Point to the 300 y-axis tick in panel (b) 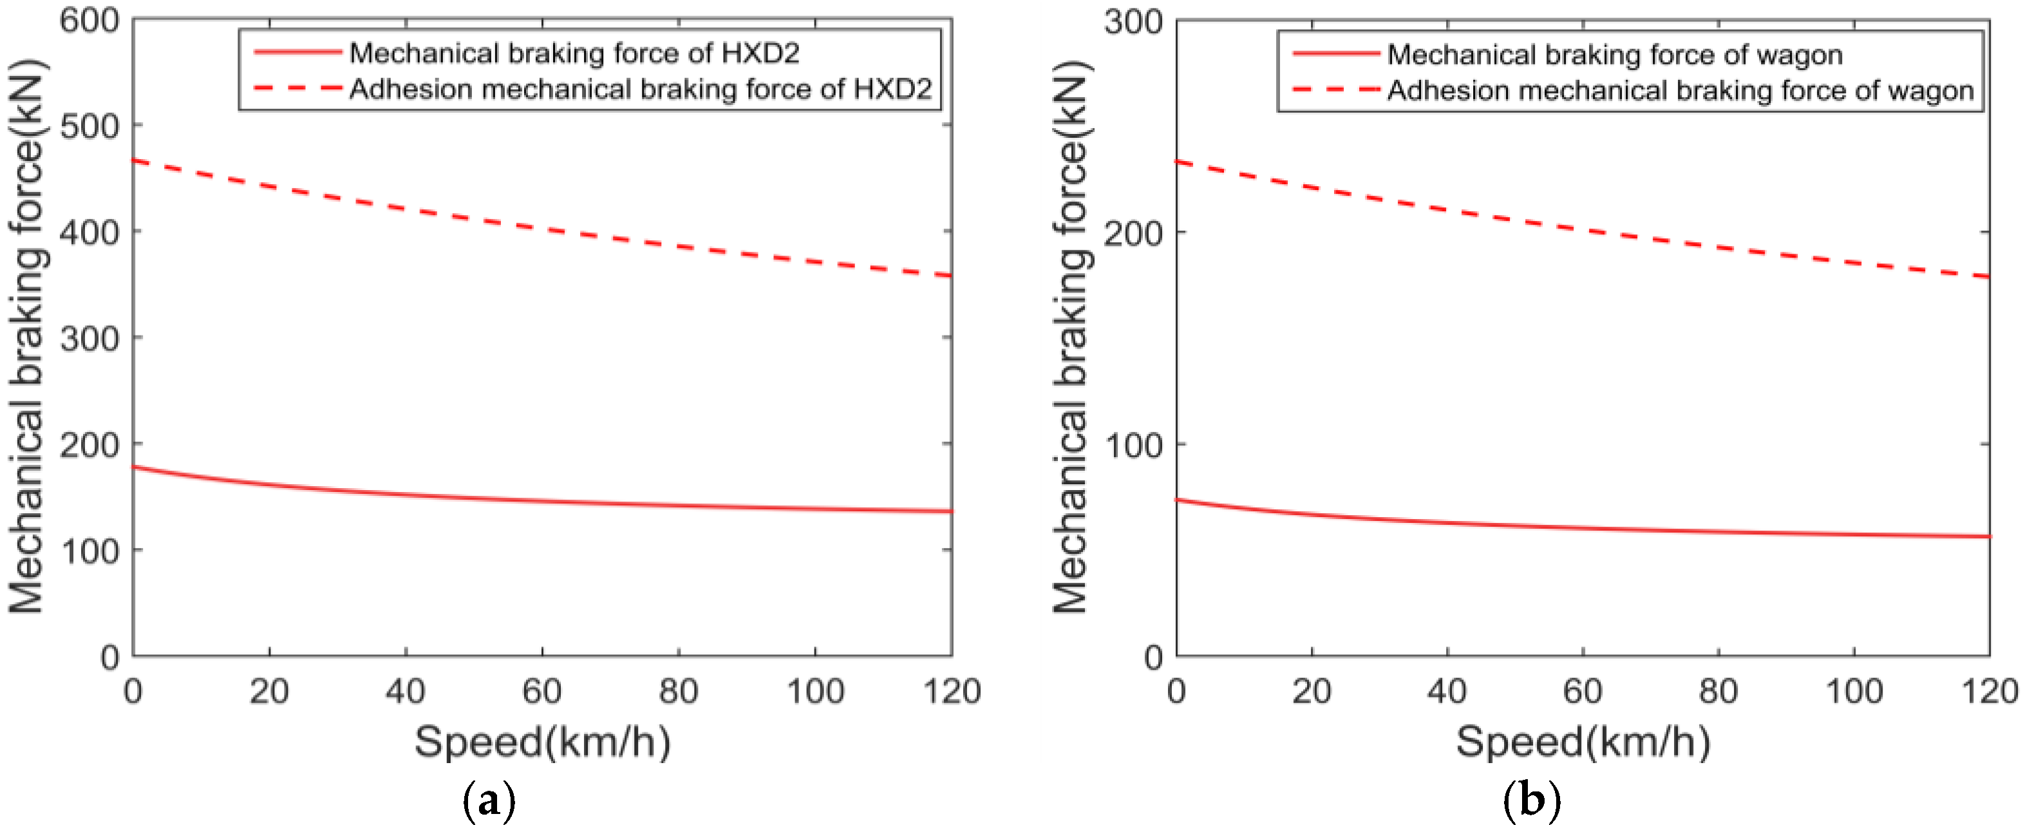pos(1133,22)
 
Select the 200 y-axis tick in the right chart pos(1133,233)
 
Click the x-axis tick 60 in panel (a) pos(542,692)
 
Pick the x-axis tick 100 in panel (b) pos(1854,692)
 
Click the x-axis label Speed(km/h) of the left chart pos(542,742)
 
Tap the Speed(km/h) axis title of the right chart pos(1583,742)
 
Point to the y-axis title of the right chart pos(1070,336)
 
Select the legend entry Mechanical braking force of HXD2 pos(573,53)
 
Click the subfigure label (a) pos(489,801)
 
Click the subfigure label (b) pos(1530,801)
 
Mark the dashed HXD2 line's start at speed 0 pos(133,161)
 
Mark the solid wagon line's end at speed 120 pos(1988,536)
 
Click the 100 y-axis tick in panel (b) pos(1133,446)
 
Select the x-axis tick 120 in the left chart pos(951,692)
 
